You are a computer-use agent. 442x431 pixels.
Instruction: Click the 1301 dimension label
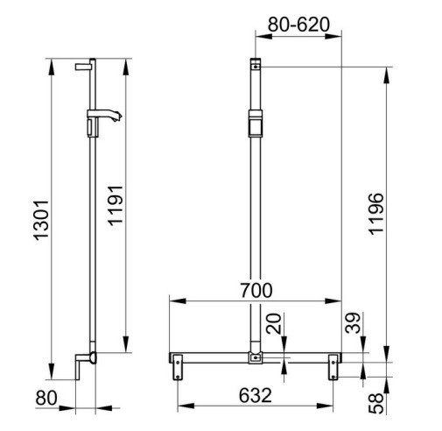coord(41,221)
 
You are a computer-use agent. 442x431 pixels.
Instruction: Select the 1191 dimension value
coord(116,206)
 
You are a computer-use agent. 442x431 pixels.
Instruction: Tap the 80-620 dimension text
coord(298,25)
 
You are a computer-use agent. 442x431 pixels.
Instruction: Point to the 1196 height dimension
coord(375,214)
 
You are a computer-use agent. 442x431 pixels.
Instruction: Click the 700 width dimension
coord(256,291)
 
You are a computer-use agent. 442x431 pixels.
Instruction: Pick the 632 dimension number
coord(256,395)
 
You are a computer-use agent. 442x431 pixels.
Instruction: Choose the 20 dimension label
coord(274,323)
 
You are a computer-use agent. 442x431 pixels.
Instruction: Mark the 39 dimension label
coord(353,323)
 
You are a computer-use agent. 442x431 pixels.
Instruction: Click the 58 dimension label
coord(376,403)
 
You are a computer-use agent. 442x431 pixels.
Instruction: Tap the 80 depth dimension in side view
coord(46,398)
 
